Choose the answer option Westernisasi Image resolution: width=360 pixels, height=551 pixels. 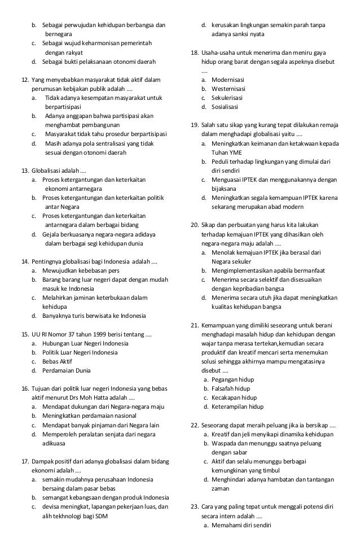pyautogui.click(x=229, y=89)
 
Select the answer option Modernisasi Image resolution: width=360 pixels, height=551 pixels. pyautogui.click(x=228, y=80)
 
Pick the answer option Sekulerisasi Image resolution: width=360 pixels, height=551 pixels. pyautogui.click(x=228, y=98)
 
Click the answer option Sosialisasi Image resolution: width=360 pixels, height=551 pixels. pyautogui.click(x=226, y=107)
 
